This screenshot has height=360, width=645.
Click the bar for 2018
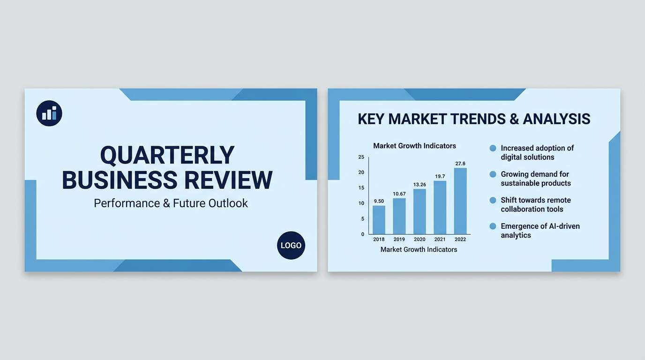pyautogui.click(x=379, y=220)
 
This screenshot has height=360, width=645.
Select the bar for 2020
pyautogui.click(x=420, y=211)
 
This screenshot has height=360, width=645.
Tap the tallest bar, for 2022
pyautogui.click(x=460, y=201)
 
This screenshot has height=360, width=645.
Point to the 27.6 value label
pyautogui.click(x=460, y=164)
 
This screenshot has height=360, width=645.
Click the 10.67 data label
pyautogui.click(x=399, y=194)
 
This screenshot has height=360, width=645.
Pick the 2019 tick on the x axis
pyautogui.click(x=399, y=240)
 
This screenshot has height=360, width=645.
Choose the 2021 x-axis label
pyautogui.click(x=440, y=240)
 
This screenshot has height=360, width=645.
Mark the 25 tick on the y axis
pyautogui.click(x=361, y=157)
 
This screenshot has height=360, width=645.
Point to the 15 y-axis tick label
pyautogui.click(x=361, y=188)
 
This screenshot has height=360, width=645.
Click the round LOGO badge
pyautogui.click(x=291, y=246)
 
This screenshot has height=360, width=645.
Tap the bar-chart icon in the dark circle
pyautogui.click(x=49, y=113)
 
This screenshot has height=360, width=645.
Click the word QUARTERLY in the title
pyautogui.click(x=167, y=156)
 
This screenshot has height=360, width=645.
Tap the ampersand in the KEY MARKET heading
pyautogui.click(x=514, y=119)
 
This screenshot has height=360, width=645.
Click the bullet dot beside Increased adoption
pyautogui.click(x=493, y=148)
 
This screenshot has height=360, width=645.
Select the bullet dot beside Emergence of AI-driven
pyautogui.click(x=493, y=226)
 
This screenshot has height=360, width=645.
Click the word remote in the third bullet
pyautogui.click(x=559, y=200)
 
